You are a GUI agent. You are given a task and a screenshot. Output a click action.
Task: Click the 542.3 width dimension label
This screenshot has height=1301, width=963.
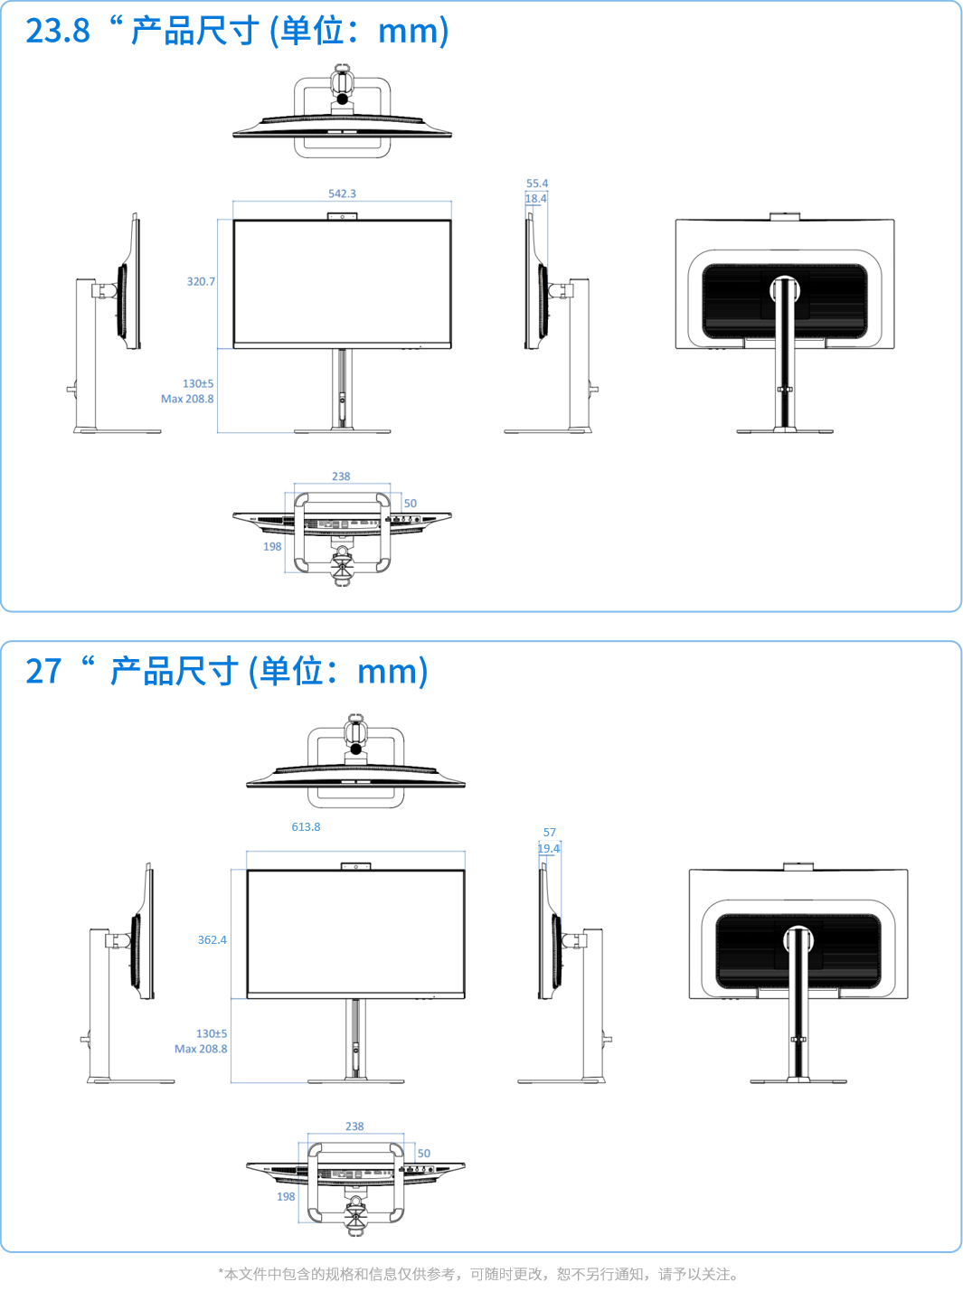tap(342, 193)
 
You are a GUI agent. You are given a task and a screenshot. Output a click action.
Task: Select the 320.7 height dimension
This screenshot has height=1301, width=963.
tap(201, 281)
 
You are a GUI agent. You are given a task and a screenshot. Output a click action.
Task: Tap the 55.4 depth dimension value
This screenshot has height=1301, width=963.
tap(537, 184)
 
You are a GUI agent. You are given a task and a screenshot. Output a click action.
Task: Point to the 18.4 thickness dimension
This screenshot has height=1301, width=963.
tap(536, 199)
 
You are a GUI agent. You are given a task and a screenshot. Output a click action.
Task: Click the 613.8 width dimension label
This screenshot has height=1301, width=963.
tap(306, 827)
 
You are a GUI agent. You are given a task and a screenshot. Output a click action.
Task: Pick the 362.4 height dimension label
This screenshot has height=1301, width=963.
tap(212, 939)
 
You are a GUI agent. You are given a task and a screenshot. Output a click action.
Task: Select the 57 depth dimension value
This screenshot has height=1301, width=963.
tap(549, 833)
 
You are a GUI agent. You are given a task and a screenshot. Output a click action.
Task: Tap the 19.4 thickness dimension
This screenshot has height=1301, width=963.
tap(549, 848)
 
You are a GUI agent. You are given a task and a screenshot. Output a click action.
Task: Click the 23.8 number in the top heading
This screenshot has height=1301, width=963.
tap(58, 31)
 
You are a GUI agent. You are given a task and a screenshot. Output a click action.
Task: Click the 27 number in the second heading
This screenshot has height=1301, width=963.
tap(43, 671)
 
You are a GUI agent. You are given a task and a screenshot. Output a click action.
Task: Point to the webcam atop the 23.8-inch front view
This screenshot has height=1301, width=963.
tap(342, 216)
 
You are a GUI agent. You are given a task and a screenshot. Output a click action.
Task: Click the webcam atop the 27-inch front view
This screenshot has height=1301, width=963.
tap(355, 866)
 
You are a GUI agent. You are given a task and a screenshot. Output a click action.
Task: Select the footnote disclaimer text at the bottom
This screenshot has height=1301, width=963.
tap(478, 1274)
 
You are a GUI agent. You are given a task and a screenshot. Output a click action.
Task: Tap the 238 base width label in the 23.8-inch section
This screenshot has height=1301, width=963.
tap(341, 476)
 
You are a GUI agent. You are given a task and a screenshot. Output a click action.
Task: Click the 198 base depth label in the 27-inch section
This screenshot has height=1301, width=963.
tap(286, 1197)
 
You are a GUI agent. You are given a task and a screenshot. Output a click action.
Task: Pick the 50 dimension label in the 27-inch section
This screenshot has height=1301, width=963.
tap(424, 1154)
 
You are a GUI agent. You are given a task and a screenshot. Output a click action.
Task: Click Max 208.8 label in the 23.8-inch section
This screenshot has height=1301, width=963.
tap(187, 399)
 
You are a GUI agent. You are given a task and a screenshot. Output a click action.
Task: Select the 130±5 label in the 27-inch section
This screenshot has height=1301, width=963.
tap(212, 1033)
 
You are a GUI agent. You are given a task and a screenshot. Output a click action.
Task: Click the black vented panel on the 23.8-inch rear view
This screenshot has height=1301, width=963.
tap(785, 301)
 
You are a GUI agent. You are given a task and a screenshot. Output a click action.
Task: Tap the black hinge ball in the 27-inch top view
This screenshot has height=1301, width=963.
tap(355, 749)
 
